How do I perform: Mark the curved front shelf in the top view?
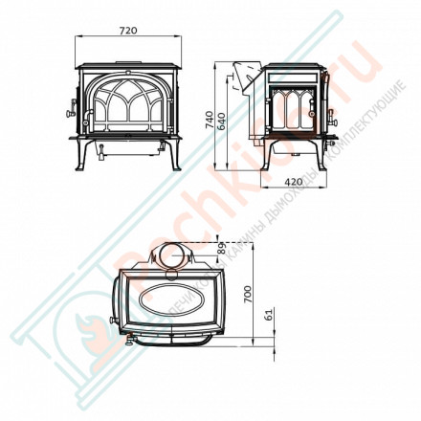172,338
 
